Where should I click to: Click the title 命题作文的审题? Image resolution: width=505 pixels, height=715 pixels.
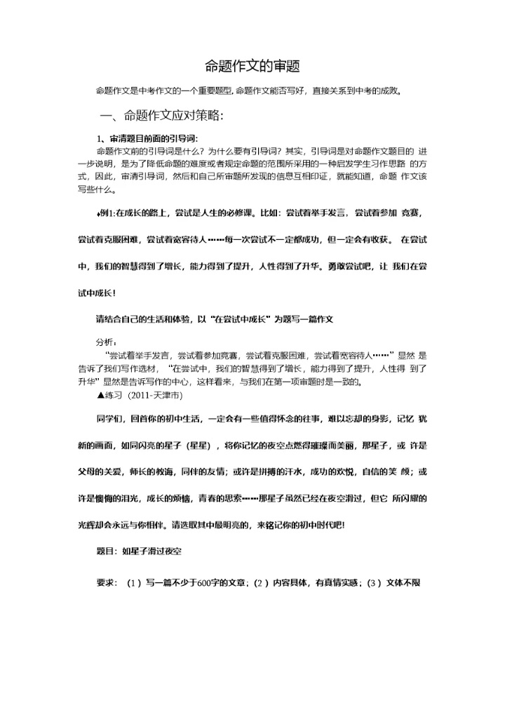pos(252,67)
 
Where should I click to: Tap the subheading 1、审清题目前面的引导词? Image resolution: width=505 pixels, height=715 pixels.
pos(147,138)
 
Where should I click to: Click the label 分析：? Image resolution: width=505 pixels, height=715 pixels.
pos(107,342)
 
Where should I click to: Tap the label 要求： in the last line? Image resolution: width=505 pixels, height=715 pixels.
pos(107,582)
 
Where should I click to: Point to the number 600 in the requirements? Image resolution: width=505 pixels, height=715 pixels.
pos(205,582)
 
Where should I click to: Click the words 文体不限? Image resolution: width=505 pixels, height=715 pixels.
pos(403,582)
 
